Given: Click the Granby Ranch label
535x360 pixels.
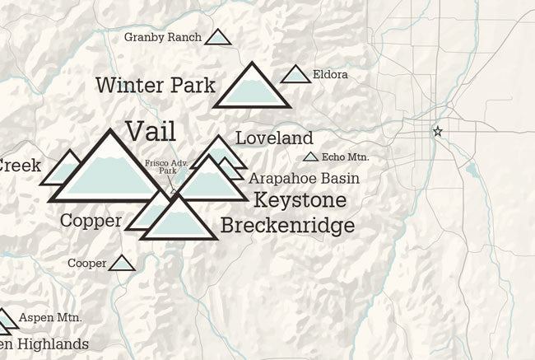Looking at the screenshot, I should tap(161, 37).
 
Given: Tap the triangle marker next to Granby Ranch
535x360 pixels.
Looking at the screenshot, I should tap(217, 37).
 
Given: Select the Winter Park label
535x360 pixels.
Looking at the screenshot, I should tap(155, 85).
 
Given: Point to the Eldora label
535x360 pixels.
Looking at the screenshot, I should tap(330, 75).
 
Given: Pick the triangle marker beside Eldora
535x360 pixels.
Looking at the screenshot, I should tap(295, 75).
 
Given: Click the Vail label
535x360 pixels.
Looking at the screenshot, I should tap(151, 130).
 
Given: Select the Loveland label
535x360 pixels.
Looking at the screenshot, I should tap(274, 138).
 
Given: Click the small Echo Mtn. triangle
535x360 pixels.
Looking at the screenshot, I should tap(310, 157).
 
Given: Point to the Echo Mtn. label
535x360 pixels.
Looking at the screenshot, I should tap(346, 157).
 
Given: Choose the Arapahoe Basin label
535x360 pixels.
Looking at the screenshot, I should tap(304, 178).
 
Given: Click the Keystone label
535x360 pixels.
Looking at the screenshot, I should tap(300, 200).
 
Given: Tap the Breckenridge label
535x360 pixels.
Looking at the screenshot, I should tap(287, 225).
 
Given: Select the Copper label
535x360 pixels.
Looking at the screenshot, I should tap(91, 220).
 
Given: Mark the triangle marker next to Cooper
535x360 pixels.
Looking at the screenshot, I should tap(123, 264).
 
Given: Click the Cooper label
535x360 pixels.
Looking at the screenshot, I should tap(87, 264).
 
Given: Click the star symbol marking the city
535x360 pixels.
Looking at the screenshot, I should tap(437, 131).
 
